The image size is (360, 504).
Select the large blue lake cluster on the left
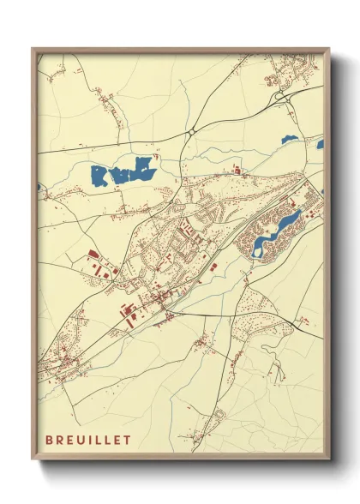(x=123, y=173)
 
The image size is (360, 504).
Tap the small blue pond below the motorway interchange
(x=289, y=138)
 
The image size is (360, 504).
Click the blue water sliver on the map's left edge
(x=39, y=187)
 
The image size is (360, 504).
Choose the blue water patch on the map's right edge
(x=321, y=144)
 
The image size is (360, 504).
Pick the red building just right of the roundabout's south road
(x=237, y=172)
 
